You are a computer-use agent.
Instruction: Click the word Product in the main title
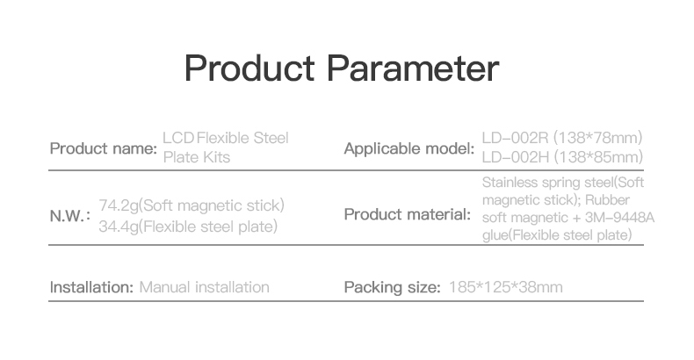pyautogui.click(x=249, y=68)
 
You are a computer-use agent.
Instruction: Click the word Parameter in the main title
pyautogui.click(x=413, y=68)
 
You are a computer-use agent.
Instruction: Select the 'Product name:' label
pyautogui.click(x=104, y=148)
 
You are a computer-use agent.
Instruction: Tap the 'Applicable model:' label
pyautogui.click(x=409, y=149)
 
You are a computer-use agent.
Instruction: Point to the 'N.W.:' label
pyautogui.click(x=70, y=216)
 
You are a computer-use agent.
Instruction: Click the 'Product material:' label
pyautogui.click(x=408, y=214)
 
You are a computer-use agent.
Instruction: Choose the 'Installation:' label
pyautogui.click(x=91, y=287)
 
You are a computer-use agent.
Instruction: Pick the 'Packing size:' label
pyautogui.click(x=392, y=287)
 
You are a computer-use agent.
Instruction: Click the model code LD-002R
pyautogui.click(x=515, y=138)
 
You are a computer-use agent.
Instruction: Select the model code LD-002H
pyautogui.click(x=515, y=157)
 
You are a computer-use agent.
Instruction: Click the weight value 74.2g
pyautogui.click(x=119, y=205)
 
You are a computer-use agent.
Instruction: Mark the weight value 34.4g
pyautogui.click(x=119, y=227)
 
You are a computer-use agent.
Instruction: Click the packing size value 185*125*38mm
pyautogui.click(x=506, y=287)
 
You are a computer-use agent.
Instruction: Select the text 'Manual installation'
pyautogui.click(x=204, y=287)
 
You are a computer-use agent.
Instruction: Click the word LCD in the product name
pyautogui.click(x=178, y=138)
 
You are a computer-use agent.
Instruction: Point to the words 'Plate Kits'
pyautogui.click(x=197, y=157)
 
